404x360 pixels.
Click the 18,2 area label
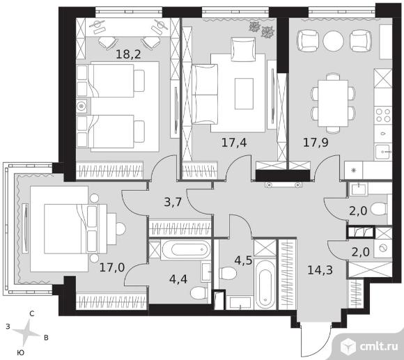click(x=128, y=54)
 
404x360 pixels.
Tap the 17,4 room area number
click(x=234, y=143)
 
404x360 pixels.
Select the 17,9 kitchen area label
click(x=316, y=143)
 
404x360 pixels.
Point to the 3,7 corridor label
click(x=173, y=202)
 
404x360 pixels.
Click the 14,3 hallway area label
click(x=320, y=270)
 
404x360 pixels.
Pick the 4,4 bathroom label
click(x=178, y=279)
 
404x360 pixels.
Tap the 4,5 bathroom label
click(x=243, y=260)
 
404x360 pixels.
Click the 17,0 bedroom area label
click(x=112, y=267)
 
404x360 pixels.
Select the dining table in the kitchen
click(x=333, y=103)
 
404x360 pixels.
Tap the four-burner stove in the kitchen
click(x=383, y=115)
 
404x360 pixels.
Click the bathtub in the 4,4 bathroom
click(x=186, y=249)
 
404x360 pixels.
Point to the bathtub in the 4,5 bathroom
click(x=265, y=284)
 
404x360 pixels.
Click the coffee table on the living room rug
click(x=244, y=93)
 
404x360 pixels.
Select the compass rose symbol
click(x=26, y=332)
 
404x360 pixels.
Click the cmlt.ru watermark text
click(x=378, y=346)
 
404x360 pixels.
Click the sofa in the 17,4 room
click(x=205, y=95)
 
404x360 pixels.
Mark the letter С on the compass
click(x=31, y=313)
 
